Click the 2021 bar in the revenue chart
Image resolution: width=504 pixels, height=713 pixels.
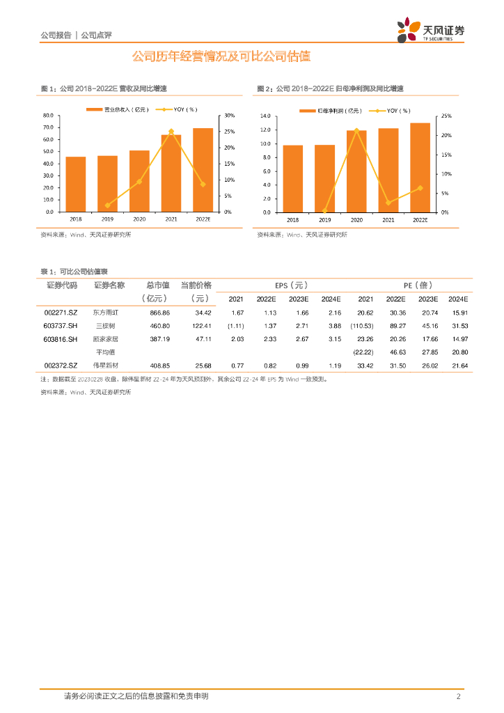coord(171,173)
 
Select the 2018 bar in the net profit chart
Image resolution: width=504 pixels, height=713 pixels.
coord(293,178)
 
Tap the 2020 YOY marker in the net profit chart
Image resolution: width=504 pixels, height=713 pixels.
coord(356,130)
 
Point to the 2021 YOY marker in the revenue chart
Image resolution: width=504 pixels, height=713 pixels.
coord(171,131)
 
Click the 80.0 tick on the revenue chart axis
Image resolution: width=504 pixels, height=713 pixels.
coord(48,115)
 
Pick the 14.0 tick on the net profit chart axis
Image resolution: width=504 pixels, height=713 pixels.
coord(265,116)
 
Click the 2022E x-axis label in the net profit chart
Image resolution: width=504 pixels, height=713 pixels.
coord(420,219)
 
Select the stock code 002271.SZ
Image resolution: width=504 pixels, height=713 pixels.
coord(61,313)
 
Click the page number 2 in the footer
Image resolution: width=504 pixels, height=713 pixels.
coord(458,696)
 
